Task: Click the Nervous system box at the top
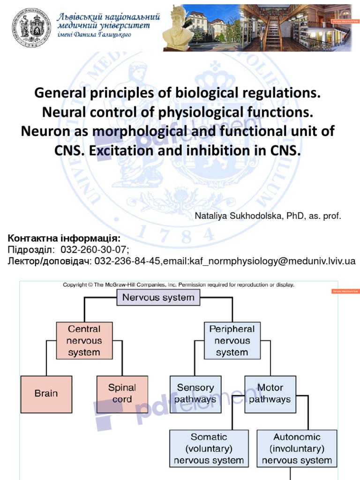[x=158, y=298]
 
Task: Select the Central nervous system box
[x=84, y=341]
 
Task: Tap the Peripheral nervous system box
[x=232, y=341]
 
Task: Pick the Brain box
[x=45, y=393]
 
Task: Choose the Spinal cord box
[x=122, y=393]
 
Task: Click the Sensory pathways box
[x=195, y=393]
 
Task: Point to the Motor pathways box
[x=270, y=393]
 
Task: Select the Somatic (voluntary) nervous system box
[x=209, y=449]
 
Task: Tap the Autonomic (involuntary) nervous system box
[x=297, y=449]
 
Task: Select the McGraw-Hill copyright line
[x=179, y=285]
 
